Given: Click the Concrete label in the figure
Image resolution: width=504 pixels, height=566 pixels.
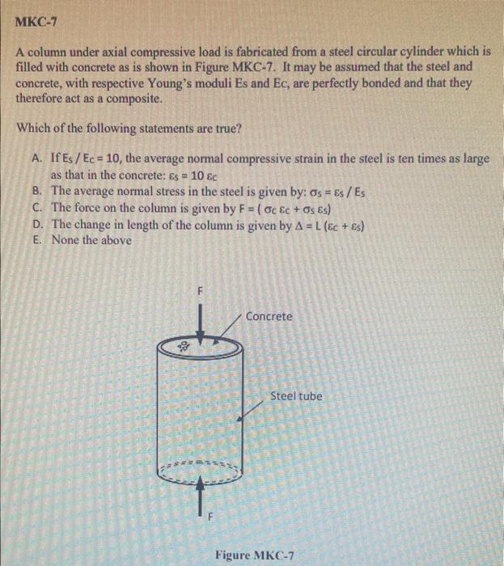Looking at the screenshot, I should (269, 316).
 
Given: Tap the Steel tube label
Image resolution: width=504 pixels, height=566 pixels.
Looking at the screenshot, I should (296, 396).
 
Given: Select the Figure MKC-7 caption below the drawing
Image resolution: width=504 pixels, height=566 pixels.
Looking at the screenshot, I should (255, 556).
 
